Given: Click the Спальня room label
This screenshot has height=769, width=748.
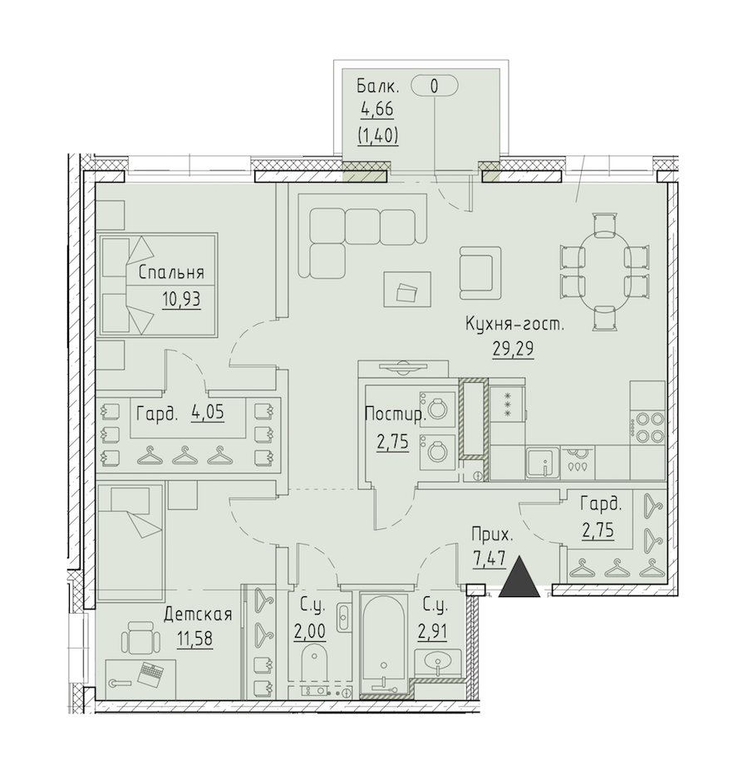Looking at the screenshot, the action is tap(171, 272).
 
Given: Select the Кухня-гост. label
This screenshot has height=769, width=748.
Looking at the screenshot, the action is tap(514, 325).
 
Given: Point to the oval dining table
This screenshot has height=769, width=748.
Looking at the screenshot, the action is tap(604, 272).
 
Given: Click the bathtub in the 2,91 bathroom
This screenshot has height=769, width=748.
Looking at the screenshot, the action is tap(383, 643).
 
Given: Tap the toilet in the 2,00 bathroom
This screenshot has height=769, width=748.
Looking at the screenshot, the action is tap(313, 662).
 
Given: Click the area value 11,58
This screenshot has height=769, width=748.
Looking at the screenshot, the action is tap(194, 639).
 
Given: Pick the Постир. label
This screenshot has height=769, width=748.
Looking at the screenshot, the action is tap(395, 415).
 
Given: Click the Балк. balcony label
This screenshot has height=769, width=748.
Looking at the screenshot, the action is tap(377, 87).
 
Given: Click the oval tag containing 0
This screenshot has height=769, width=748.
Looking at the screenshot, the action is tap(434, 86).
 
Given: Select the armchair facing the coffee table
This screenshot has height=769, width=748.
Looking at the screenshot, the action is tap(480, 272).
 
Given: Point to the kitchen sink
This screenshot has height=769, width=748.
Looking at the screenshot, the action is tap(543, 463).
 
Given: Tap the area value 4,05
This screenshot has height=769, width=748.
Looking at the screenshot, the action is tap(208, 413).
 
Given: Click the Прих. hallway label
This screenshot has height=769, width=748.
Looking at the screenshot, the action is tap(492, 535).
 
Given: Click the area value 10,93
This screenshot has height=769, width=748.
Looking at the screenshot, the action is tap(181, 298).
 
